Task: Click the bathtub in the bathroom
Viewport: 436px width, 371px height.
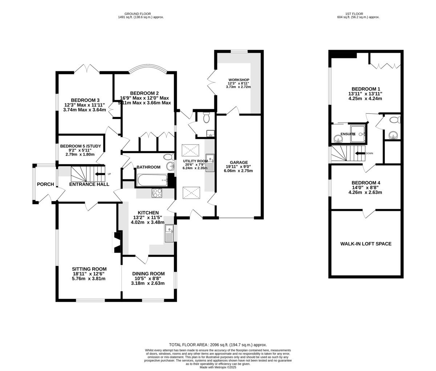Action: click(x=152, y=180)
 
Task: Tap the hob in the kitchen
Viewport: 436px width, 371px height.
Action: click(x=157, y=193)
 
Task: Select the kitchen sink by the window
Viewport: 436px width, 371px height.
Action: click(x=169, y=234)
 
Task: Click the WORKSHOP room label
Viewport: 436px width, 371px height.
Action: click(x=239, y=80)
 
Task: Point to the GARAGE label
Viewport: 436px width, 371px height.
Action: click(x=238, y=163)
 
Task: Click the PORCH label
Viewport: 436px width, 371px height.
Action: click(x=45, y=184)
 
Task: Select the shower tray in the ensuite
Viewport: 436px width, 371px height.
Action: click(x=358, y=134)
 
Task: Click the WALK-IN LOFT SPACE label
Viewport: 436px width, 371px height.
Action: click(x=366, y=244)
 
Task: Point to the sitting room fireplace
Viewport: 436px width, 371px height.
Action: click(x=116, y=242)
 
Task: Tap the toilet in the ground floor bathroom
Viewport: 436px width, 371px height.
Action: click(x=169, y=157)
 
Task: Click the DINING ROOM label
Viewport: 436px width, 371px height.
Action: click(x=148, y=274)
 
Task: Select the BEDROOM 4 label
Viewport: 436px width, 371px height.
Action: click(x=366, y=183)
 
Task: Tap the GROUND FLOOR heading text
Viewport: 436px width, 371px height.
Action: click(x=140, y=14)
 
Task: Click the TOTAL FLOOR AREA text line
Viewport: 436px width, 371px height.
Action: click(x=218, y=345)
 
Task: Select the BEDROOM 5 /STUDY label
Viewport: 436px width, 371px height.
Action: click(x=80, y=147)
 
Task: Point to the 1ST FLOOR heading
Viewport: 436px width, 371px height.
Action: click(x=358, y=14)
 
